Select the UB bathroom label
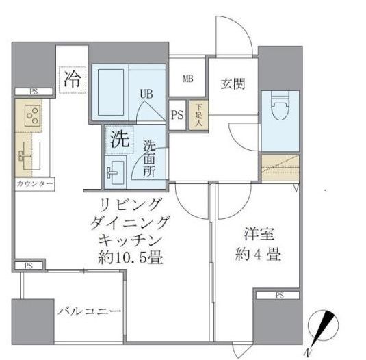146,94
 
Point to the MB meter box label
187,79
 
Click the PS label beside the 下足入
177,115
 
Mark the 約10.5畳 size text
131,258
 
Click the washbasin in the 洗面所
114,170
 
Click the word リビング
131,205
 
